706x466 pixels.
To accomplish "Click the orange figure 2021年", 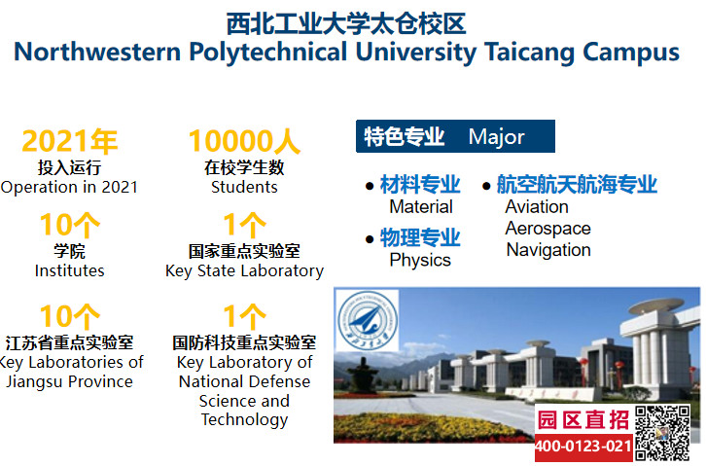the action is tap(70, 141).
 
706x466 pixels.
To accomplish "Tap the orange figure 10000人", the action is tap(244, 141).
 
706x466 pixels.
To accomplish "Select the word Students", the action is tap(244, 187).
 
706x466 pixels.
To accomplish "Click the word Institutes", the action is tap(69, 270).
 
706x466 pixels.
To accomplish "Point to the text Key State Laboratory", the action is tap(244, 271).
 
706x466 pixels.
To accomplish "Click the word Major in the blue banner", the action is tap(497, 137).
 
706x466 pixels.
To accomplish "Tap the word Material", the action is tap(421, 206).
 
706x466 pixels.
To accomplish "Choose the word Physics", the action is tap(420, 260).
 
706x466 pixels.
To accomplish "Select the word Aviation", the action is tap(537, 206).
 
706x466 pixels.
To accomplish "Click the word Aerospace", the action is tap(547, 229).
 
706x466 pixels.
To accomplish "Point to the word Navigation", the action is tap(548, 250).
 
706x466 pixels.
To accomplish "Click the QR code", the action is tap(662, 433).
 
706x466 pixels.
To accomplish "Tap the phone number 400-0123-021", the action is tap(583, 447).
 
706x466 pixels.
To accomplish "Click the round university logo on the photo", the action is tap(368, 321).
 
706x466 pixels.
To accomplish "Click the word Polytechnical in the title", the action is tap(267, 53).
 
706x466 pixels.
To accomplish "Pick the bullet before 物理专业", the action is tap(370, 239).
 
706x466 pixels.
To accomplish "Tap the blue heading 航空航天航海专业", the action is tap(577, 185).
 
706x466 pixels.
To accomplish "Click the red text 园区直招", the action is tap(583, 420).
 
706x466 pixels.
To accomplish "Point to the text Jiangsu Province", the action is tap(69, 381).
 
